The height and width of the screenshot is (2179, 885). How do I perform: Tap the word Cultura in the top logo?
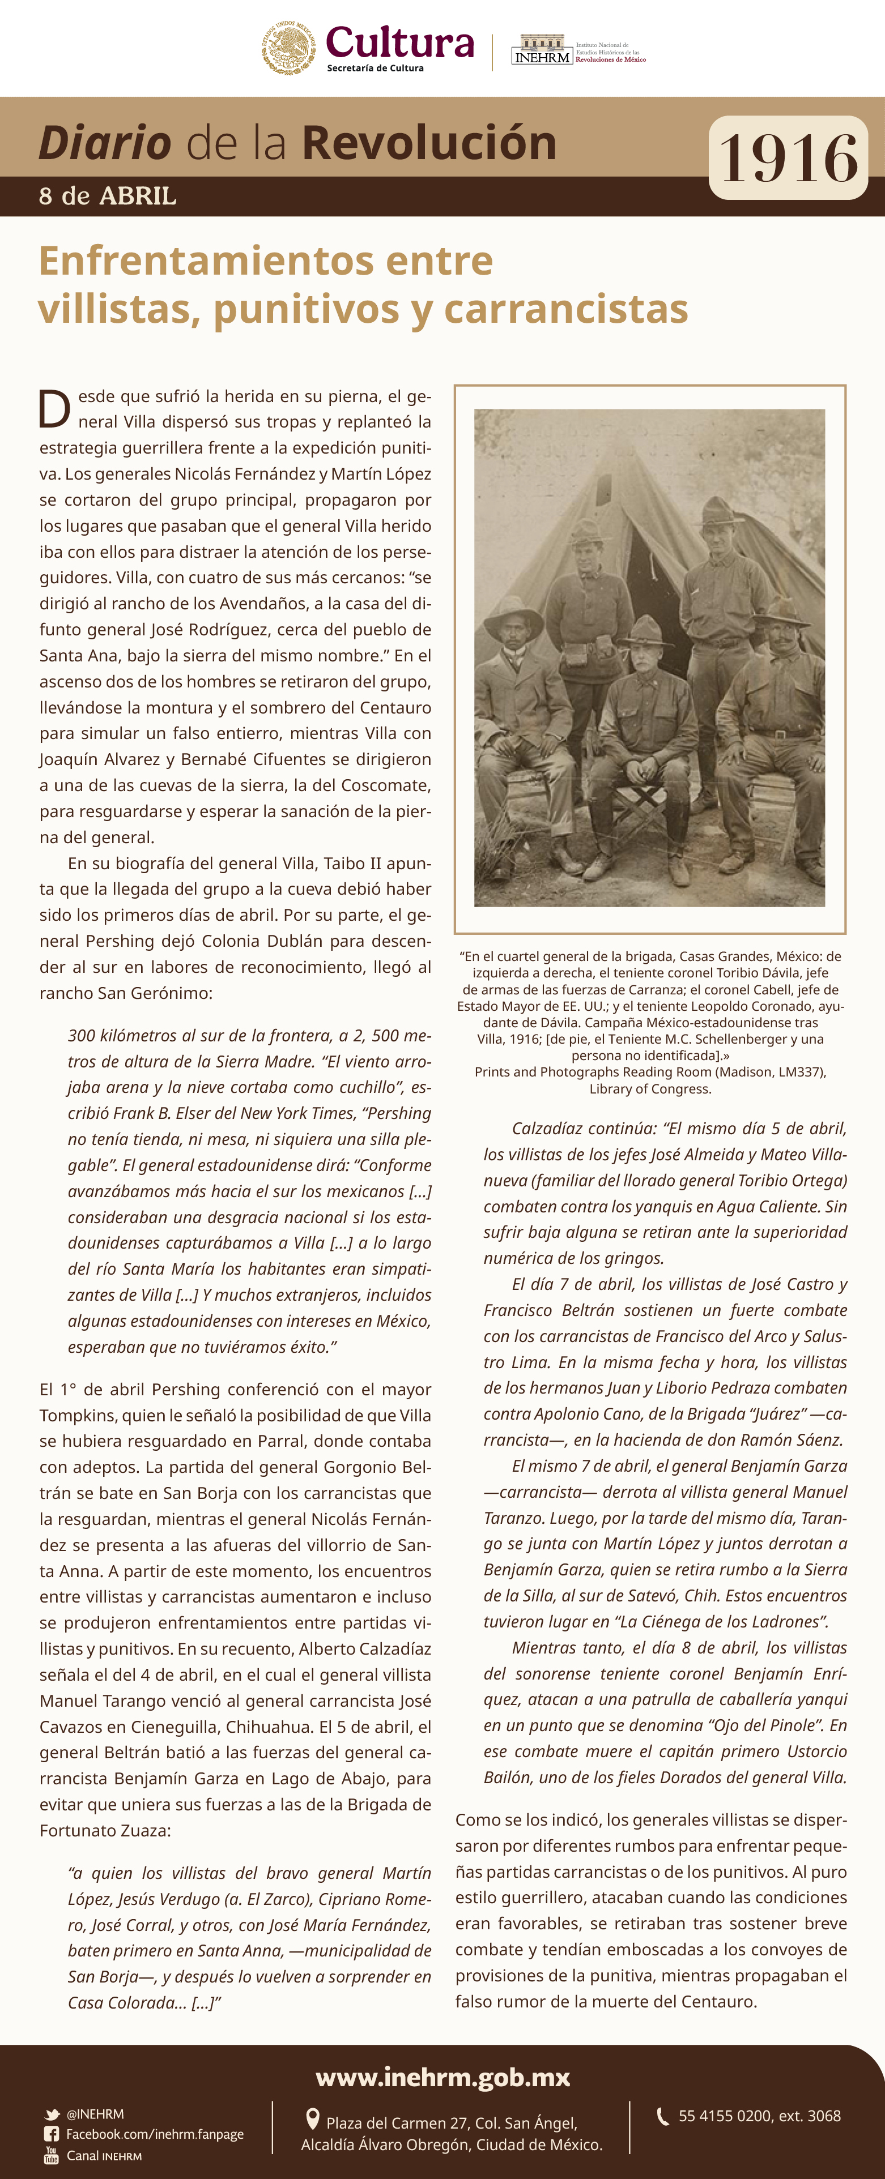click(x=399, y=42)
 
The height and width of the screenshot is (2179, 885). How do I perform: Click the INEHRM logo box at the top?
click(x=542, y=51)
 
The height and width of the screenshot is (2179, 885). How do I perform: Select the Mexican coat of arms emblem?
click(x=288, y=48)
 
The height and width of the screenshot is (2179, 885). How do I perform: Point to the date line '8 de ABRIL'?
click(x=108, y=196)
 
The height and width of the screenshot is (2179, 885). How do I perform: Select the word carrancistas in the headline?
click(x=565, y=309)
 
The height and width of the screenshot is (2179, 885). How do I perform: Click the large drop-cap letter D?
click(x=55, y=409)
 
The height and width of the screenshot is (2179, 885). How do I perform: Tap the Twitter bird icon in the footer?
click(x=52, y=2114)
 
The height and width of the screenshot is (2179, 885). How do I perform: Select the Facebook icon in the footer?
click(x=52, y=2134)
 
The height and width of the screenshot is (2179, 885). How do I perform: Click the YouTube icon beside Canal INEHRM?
click(x=52, y=2155)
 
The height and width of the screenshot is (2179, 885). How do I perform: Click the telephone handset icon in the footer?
click(x=662, y=2116)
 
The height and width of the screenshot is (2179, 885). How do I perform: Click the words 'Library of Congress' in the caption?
click(x=650, y=1089)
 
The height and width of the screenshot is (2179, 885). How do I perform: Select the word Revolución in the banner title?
click(x=429, y=142)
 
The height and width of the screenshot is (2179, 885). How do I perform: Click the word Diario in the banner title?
click(x=105, y=142)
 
